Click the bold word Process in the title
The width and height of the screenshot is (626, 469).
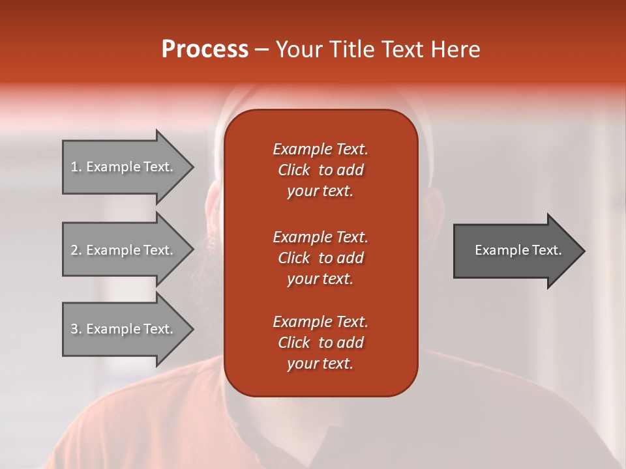(205, 50)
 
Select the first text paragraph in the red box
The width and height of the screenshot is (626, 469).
(320, 170)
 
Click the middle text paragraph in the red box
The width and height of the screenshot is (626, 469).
(320, 258)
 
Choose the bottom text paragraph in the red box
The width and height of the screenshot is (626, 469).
(320, 343)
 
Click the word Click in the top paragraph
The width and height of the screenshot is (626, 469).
(293, 170)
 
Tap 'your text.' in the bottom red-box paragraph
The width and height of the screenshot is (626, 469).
(320, 364)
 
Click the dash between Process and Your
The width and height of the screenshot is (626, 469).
(261, 50)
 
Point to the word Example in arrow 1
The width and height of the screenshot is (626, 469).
(113, 167)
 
